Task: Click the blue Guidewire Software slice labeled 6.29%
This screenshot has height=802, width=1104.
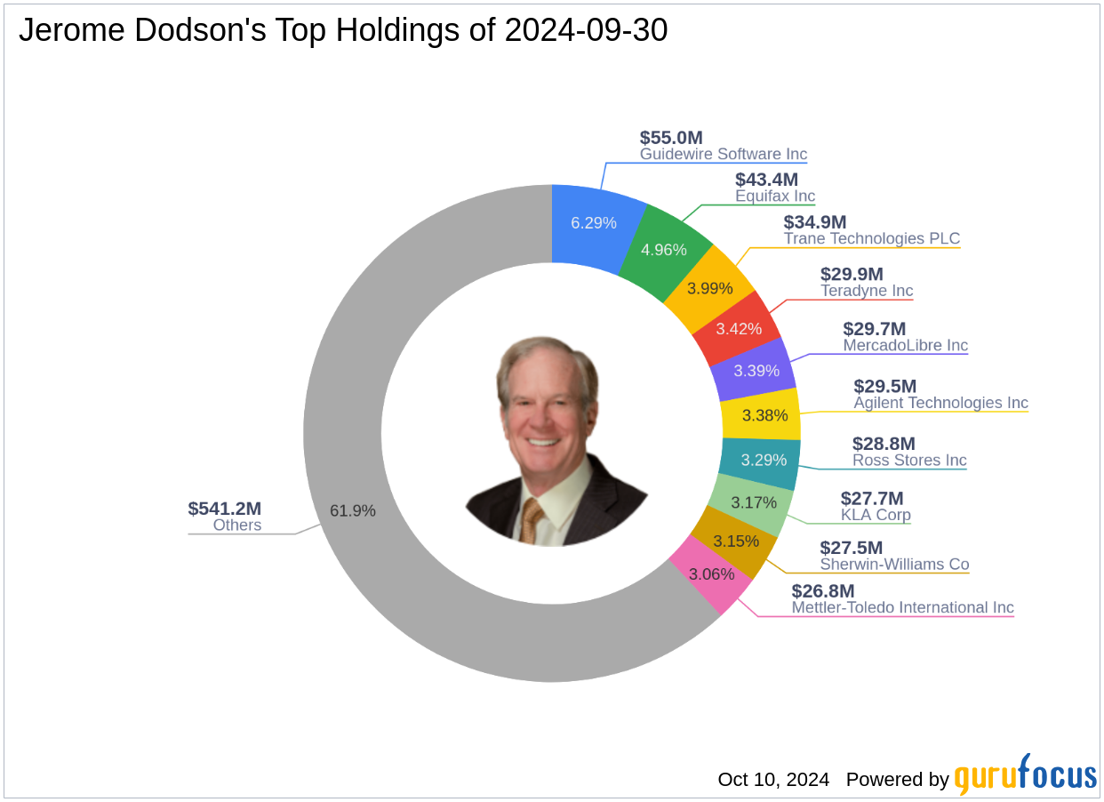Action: [594, 222]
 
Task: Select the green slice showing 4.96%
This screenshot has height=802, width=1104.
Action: [665, 250]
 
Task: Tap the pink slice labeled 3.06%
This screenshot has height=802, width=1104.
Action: [711, 573]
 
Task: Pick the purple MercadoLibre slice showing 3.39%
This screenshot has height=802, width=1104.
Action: [756, 371]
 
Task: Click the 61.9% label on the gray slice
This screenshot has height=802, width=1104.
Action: [353, 510]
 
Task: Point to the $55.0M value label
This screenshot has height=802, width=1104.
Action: [671, 138]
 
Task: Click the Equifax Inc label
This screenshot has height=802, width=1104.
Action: [775, 196]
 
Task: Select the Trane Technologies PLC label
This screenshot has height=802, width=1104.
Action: [871, 239]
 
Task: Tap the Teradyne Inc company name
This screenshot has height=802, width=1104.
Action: [867, 292]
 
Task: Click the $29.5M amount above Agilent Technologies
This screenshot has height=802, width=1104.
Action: [884, 386]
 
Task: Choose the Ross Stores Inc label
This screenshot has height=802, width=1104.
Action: [909, 461]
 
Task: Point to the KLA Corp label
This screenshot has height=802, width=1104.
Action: [876, 516]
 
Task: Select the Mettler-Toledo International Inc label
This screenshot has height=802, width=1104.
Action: [902, 608]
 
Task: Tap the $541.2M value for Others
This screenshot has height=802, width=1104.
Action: [224, 509]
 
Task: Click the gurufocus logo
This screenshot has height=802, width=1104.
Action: [1025, 775]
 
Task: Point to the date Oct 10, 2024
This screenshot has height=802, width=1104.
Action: [773, 780]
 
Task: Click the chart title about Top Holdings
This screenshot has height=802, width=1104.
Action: [343, 30]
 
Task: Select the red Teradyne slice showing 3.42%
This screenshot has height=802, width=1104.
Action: [739, 328]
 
